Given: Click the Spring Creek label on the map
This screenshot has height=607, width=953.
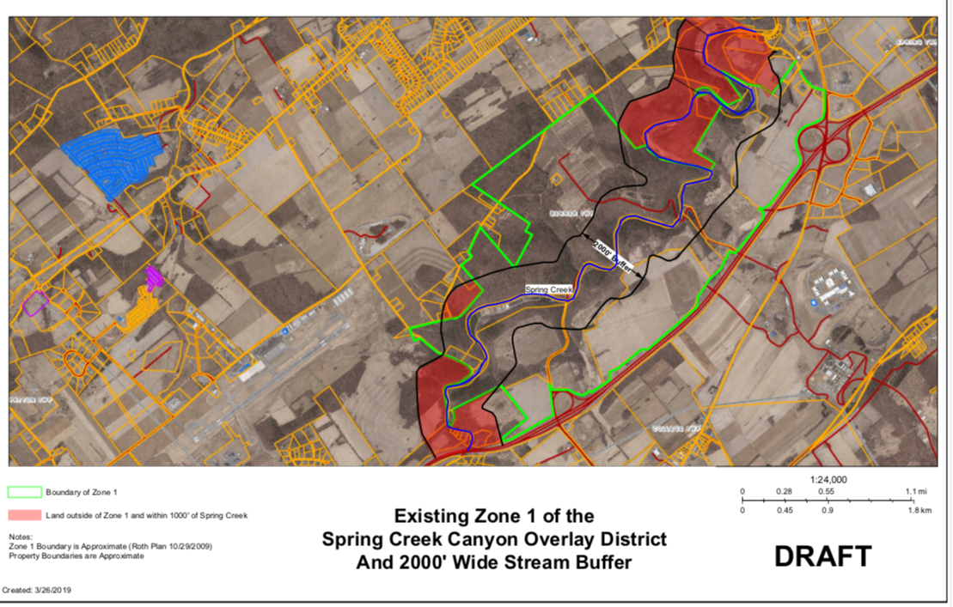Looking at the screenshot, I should [548, 290].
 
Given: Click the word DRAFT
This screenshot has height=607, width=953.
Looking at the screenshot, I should [822, 555].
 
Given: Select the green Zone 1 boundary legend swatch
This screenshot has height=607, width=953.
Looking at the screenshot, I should [25, 492].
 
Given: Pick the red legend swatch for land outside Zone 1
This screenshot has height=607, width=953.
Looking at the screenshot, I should [25, 515].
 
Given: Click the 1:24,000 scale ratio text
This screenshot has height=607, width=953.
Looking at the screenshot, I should [829, 480].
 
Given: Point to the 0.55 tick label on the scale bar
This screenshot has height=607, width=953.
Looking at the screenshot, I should [826, 491].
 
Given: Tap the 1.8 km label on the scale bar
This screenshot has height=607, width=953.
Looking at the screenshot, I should [921, 510].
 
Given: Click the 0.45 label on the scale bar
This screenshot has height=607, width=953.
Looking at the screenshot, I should [784, 510].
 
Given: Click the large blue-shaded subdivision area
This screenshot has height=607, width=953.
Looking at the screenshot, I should [112, 161].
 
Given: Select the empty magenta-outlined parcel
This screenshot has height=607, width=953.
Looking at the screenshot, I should [36, 302].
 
